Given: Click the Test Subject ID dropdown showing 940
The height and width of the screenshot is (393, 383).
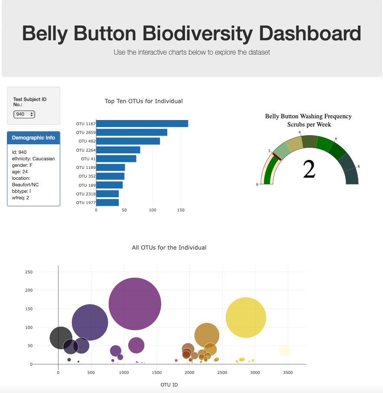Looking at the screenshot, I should coord(24,114).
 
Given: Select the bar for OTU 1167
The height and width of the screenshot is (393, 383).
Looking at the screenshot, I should coord(142,123).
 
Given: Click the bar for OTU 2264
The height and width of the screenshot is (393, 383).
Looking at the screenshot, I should coord(118,150).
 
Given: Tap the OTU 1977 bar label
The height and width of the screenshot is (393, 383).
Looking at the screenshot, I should coord(85,202).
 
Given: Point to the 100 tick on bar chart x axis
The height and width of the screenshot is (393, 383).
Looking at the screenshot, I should coord(153,210).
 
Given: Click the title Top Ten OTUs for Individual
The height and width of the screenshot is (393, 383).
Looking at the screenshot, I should coord(143,101).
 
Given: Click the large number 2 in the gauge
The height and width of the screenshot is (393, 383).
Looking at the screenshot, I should coord(309,169).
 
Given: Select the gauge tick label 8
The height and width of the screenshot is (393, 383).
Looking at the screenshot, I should coord(358,166).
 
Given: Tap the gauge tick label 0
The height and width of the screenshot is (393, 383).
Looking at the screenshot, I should coord(257,185).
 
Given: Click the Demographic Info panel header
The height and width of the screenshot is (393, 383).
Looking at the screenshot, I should coord(33,138).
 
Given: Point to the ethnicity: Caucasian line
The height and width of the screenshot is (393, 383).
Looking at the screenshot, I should coord(33,159).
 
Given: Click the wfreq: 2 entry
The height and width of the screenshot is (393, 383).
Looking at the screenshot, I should coord(21,198).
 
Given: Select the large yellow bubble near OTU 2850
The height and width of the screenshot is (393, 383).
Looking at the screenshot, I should coord(246,317).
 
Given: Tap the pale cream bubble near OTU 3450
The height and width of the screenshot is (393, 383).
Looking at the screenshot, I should coord(284,350).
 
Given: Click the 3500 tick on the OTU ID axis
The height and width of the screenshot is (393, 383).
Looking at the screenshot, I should coord(288,373).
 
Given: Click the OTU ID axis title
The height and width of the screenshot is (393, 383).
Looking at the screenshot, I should coord(169,385).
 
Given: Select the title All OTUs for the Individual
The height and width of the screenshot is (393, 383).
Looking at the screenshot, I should coord(169,248).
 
